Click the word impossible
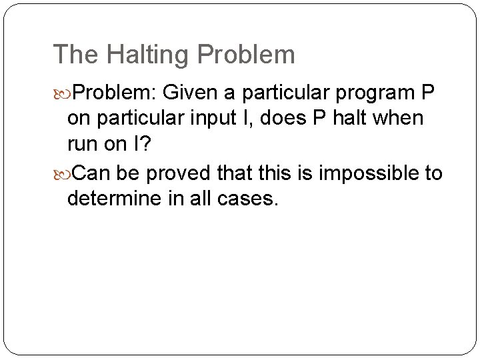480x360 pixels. (360, 173)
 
